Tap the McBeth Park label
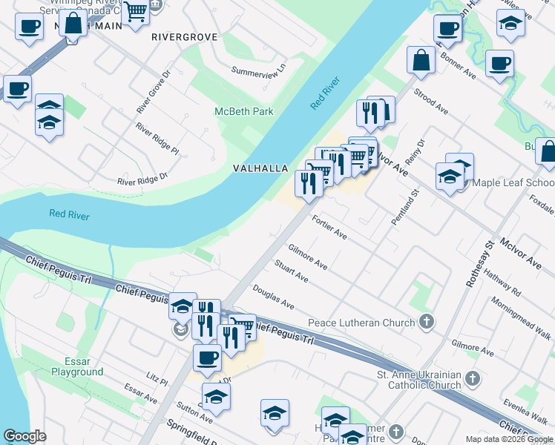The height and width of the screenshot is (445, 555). tap(243, 111)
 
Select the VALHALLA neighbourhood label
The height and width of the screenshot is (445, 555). tap(260, 168)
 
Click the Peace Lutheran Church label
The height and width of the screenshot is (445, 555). tap(361, 323)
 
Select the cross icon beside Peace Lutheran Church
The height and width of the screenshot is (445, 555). tap(426, 322)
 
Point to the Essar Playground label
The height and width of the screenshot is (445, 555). tap(77, 366)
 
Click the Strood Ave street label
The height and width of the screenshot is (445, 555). tap(431, 101)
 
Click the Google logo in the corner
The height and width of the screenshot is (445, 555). tap(25, 436)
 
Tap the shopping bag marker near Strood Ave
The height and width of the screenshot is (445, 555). tap(421, 62)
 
